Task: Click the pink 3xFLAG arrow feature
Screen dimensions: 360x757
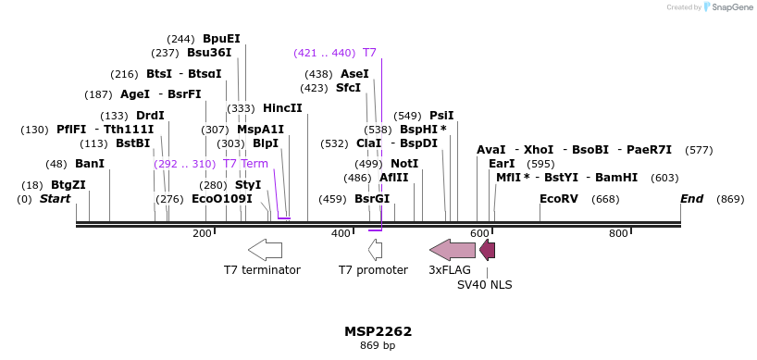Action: pos(453,250)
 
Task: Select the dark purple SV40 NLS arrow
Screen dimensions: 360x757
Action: pos(487,250)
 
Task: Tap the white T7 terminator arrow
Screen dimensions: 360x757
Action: pos(265,250)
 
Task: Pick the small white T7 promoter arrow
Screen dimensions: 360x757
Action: pos(375,250)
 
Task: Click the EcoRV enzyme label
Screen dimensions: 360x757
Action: pos(558,199)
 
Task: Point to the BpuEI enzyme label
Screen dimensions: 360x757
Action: pos(221,39)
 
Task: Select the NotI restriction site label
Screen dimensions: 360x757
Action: pos(404,164)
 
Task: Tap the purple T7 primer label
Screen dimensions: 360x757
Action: pos(369,53)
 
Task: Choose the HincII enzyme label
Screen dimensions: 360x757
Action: pos(283,108)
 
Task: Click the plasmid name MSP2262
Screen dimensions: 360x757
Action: pos(378,331)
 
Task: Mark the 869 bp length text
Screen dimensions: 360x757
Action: pos(378,346)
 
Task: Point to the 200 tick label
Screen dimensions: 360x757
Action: pos(202,234)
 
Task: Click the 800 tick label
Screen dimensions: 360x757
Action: pos(618,234)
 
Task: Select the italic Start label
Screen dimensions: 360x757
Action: pos(55,199)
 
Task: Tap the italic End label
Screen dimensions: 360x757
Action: pos(691,199)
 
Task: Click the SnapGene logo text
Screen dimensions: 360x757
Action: pos(730,7)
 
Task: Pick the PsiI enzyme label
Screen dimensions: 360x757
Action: pos(441,116)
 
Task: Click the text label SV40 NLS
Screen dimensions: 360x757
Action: pos(484,285)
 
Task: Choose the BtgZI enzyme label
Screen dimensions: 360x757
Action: pos(68,185)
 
